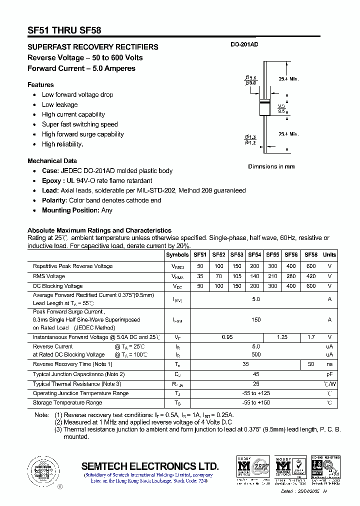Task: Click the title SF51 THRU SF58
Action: point(64,30)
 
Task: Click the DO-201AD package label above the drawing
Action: point(244,45)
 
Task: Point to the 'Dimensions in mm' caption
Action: point(271,166)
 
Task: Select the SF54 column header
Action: point(254,254)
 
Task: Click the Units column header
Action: point(329,254)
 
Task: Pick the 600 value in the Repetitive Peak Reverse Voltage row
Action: point(311,266)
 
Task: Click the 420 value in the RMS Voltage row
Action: point(311,276)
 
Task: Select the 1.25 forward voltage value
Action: point(282,337)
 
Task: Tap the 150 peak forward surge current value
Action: point(256,319)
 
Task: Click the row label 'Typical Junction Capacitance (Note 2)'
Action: point(78,374)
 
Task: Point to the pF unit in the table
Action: point(329,374)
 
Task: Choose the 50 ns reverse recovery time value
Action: point(311,364)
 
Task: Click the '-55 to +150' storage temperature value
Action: point(256,403)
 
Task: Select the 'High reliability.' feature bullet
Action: point(62,144)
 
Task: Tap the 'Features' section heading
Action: point(40,84)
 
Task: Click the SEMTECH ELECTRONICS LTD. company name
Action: point(150,466)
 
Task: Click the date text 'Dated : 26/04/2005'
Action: point(300,492)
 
